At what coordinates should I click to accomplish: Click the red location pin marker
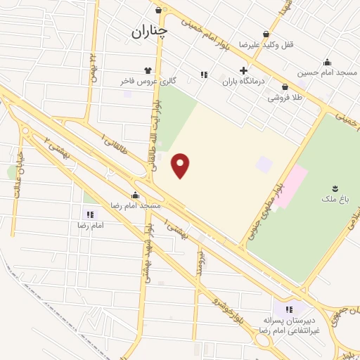pyautogui.click(x=181, y=165)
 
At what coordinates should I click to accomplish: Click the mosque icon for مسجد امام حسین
pyautogui.click(x=326, y=62)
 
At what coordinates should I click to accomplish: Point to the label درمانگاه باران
pyautogui.click(x=242, y=82)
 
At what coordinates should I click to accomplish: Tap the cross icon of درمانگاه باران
pyautogui.click(x=243, y=70)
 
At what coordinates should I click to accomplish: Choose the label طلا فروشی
pyautogui.click(x=284, y=98)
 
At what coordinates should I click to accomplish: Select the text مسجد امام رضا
pyautogui.click(x=136, y=205)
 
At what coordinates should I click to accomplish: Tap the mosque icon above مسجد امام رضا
pyautogui.click(x=135, y=195)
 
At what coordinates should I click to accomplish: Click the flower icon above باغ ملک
pyautogui.click(x=335, y=188)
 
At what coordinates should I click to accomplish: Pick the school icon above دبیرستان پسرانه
pyautogui.click(x=288, y=309)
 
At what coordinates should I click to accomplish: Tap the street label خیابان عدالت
pyautogui.click(x=17, y=176)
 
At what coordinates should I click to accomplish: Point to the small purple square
pyautogui.click(x=264, y=165)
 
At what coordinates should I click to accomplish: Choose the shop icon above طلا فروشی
pyautogui.click(x=285, y=87)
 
